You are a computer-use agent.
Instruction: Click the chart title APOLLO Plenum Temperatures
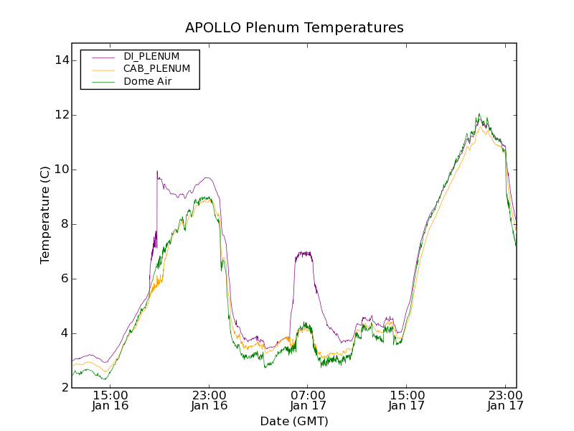[294, 28]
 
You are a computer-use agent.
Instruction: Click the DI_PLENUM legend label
[151, 56]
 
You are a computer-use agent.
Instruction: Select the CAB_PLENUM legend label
[156, 69]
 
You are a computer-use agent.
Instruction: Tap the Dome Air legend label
[147, 82]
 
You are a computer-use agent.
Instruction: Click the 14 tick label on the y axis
[61, 60]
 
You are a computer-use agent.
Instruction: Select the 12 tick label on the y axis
[61, 115]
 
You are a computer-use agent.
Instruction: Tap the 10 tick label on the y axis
[61, 170]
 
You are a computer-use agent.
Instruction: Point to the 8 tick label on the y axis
[65, 224]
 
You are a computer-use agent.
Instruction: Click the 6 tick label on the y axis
[65, 279]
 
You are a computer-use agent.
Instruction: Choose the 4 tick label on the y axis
[65, 333]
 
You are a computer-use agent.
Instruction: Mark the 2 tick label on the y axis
[65, 388]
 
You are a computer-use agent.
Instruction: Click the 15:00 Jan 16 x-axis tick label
[110, 400]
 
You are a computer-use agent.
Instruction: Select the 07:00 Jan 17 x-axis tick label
[308, 400]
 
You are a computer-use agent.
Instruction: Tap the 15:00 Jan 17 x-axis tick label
[406, 400]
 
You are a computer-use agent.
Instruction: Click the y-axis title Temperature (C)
[45, 215]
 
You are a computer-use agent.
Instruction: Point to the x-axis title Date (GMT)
[294, 421]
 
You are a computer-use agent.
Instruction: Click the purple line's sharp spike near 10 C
[157, 172]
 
